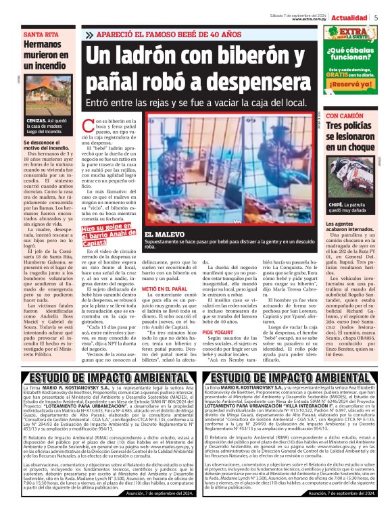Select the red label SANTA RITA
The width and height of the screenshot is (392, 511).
point(41,33)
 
